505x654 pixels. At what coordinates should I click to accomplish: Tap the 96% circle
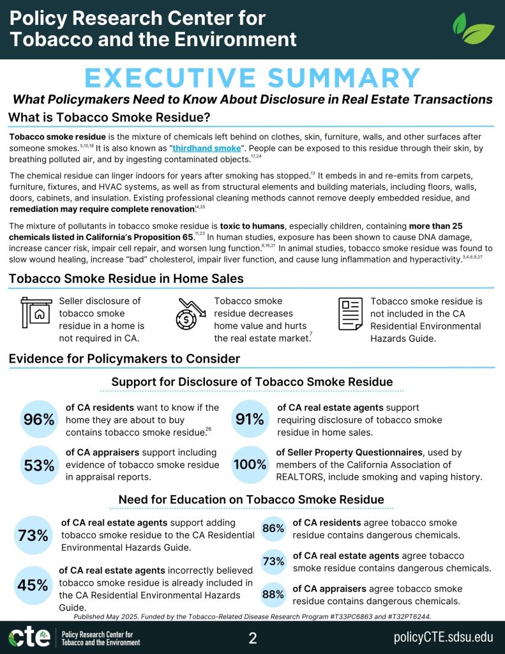[x=38, y=420]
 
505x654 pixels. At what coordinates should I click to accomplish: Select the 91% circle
[x=250, y=419]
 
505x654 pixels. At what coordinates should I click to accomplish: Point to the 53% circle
[x=38, y=464]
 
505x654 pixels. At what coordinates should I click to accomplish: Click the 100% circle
[x=250, y=464]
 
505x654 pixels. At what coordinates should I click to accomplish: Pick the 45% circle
[x=33, y=584]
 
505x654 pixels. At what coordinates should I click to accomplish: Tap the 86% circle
[x=273, y=528]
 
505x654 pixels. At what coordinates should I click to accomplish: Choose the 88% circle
[x=273, y=595]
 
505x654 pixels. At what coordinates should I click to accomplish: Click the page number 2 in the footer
[x=252, y=638]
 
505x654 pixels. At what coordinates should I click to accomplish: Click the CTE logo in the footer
[x=29, y=638]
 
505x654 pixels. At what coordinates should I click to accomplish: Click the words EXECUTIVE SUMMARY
[x=252, y=77]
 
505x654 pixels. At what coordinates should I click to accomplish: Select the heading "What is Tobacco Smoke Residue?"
[x=109, y=118]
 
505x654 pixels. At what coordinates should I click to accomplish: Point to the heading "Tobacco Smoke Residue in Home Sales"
[x=126, y=278]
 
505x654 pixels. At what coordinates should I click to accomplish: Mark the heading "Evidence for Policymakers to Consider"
[x=124, y=359]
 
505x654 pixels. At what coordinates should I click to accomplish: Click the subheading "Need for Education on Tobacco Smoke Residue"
[x=252, y=499]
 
